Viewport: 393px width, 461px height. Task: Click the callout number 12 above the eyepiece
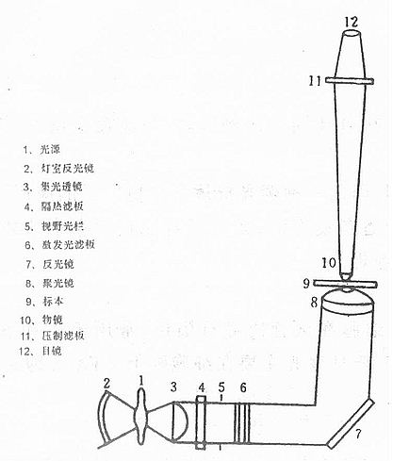pos(352,20)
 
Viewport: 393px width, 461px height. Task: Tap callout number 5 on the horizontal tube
pos(221,387)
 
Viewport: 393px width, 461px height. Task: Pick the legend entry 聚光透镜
pos(69,187)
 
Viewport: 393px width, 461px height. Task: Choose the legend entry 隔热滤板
pos(69,206)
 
